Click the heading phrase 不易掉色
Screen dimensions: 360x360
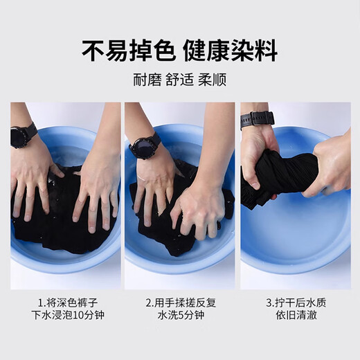point(128,51)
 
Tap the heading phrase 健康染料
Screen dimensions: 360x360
point(231,51)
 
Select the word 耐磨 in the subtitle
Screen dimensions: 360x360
point(147,80)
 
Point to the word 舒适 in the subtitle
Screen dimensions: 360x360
point(179,80)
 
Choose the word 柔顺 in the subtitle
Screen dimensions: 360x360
point(213,80)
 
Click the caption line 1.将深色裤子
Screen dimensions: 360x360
point(68,303)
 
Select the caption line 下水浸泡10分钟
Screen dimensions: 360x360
point(68,315)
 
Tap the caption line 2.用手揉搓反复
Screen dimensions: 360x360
point(181,303)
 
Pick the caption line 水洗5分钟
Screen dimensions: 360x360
point(181,315)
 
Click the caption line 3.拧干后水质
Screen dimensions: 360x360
point(296,303)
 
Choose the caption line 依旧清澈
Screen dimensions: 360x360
point(296,315)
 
